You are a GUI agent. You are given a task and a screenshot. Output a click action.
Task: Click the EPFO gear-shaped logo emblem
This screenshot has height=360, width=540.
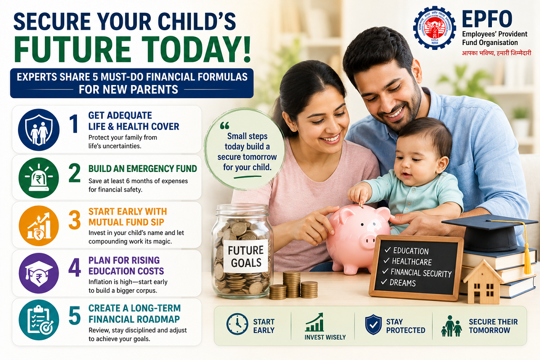434,28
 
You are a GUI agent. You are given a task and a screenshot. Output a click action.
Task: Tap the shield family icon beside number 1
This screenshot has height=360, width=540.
39,130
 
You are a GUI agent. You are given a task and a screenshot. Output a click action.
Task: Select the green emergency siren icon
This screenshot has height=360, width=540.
39,178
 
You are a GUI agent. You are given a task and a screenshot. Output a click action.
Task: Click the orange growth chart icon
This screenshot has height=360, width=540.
39,226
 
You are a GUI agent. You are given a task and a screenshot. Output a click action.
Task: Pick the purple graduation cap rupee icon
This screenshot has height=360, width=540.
39,273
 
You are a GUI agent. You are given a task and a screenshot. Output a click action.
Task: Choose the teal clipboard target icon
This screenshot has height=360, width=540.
39,320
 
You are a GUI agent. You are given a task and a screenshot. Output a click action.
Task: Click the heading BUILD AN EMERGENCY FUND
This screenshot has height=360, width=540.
143,169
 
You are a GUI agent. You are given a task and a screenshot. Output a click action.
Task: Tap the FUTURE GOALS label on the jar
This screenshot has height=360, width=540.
246,256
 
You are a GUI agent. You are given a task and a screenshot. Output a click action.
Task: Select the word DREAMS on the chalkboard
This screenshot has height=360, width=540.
403,283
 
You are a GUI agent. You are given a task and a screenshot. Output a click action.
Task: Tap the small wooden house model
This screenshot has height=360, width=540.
483,282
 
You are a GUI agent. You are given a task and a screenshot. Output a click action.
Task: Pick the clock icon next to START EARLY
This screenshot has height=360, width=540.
237,324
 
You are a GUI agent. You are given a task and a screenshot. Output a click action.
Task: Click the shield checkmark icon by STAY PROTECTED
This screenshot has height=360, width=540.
373,324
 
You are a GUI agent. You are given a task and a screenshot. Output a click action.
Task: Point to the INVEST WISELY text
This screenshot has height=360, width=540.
325,337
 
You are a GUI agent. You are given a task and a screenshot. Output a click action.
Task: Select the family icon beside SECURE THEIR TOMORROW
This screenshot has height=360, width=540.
451,326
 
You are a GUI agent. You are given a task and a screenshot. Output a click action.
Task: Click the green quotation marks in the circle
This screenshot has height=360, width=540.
225,126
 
